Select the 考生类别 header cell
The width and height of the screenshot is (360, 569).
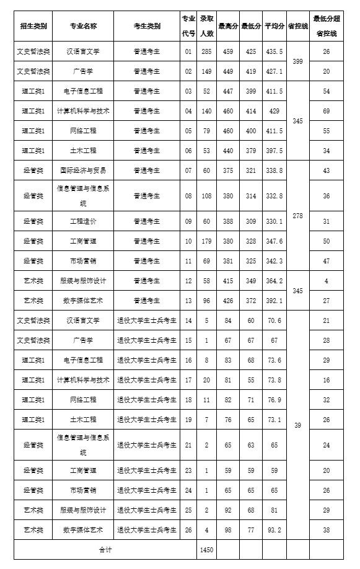click(147, 26)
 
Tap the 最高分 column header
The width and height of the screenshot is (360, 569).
click(227, 26)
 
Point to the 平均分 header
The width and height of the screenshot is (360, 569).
click(274, 26)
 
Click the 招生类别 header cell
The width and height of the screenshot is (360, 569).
click(33, 26)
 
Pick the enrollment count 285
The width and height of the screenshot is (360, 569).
click(206, 51)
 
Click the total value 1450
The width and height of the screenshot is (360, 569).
click(206, 550)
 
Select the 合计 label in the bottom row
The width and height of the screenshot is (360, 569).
click(105, 550)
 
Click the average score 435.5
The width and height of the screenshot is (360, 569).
click(274, 51)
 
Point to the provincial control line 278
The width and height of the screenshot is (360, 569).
click(297, 216)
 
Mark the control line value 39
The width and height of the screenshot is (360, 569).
click(297, 424)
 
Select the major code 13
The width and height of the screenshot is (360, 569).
click(188, 301)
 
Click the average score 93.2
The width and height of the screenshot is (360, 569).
click(274, 530)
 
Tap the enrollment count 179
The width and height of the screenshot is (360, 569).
click(206, 241)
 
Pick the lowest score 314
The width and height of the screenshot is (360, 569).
click(250, 196)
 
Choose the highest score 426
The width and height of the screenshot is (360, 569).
click(227, 301)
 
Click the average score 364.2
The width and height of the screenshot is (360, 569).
click(274, 281)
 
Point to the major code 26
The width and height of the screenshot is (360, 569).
click(188, 530)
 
